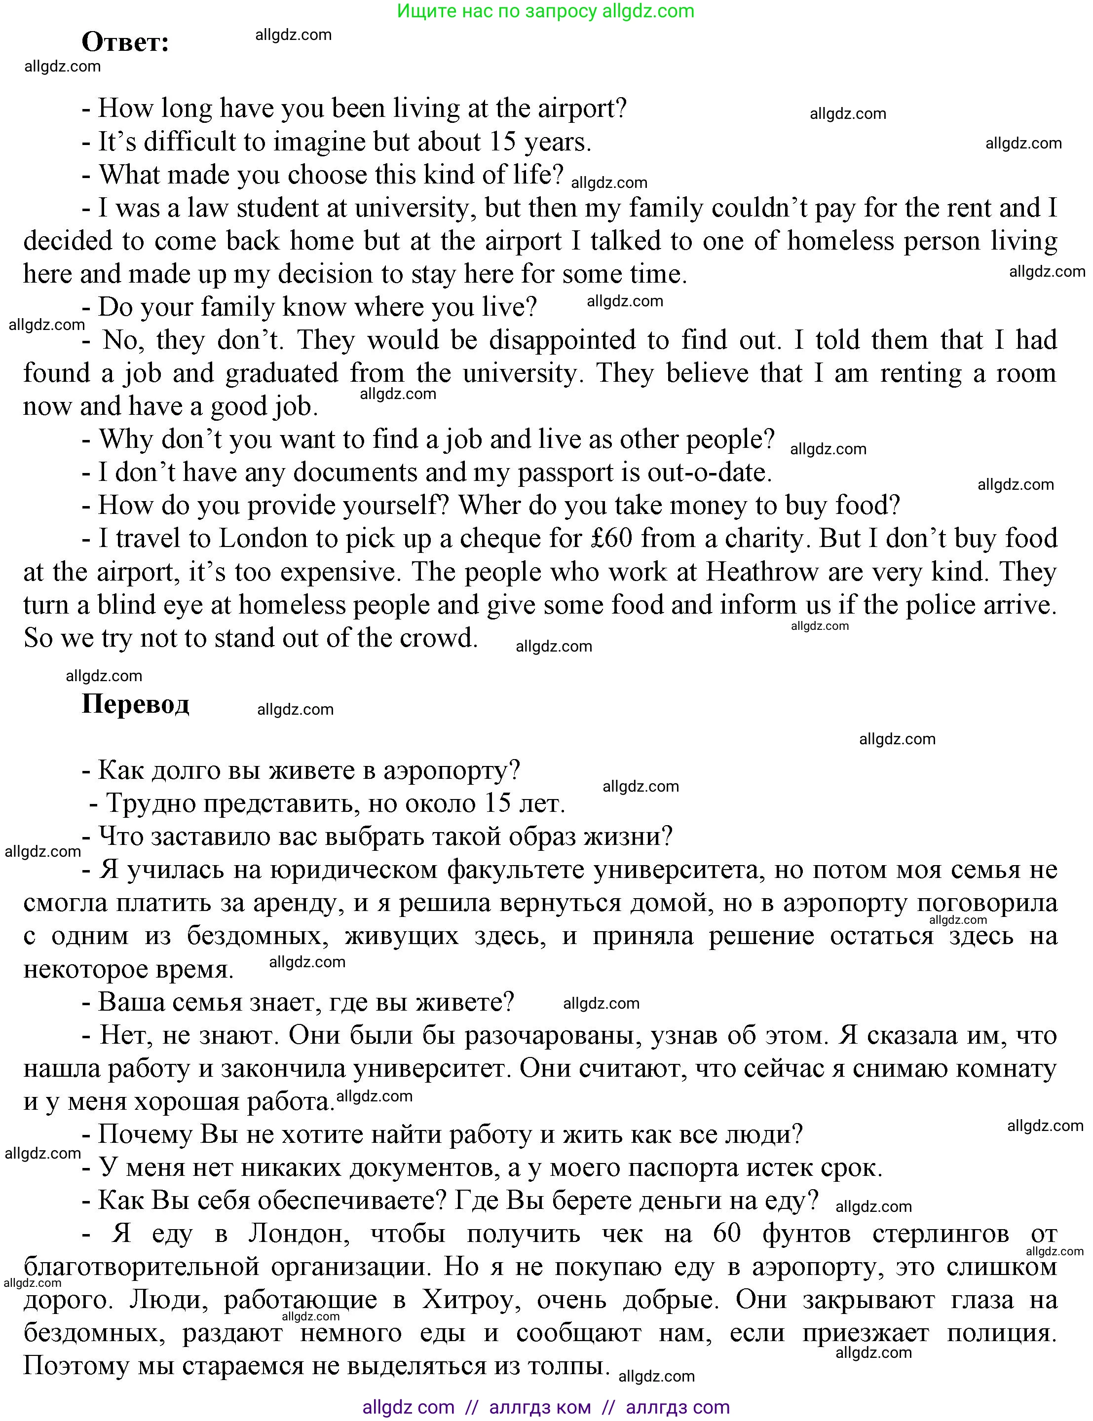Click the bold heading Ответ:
click(125, 43)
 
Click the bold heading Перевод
click(135, 704)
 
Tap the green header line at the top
click(545, 11)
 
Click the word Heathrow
click(762, 572)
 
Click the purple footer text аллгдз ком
click(539, 1407)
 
